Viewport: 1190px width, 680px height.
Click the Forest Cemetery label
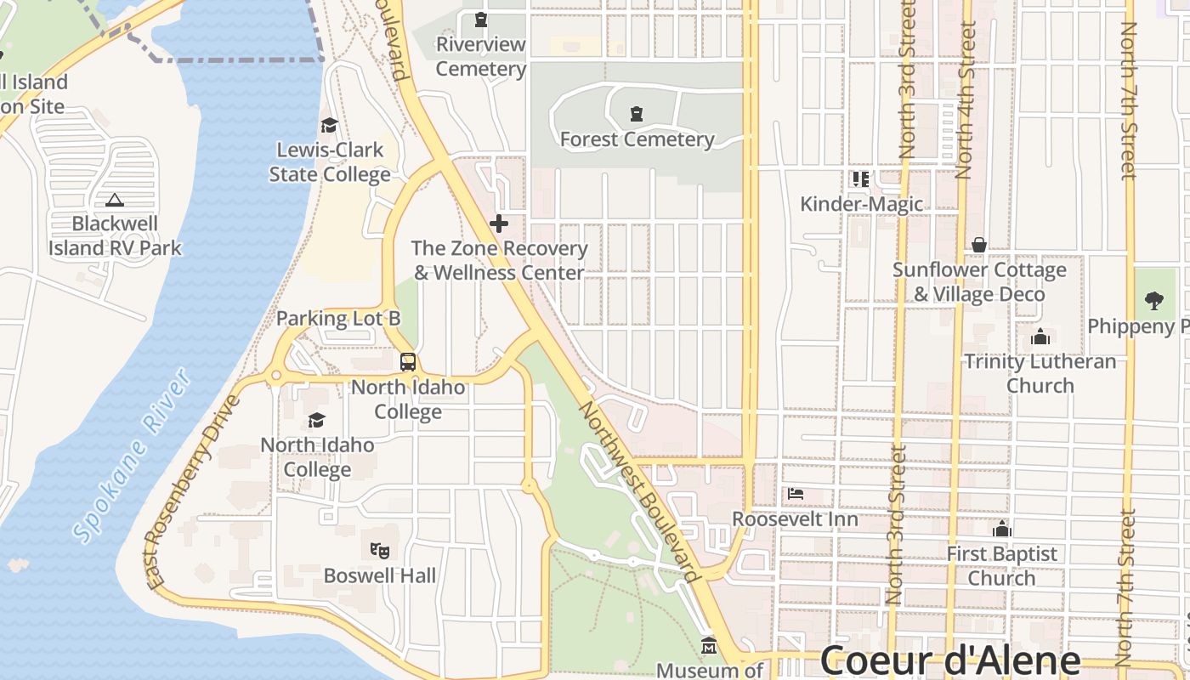(x=637, y=139)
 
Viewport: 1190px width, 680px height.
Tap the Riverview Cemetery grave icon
(x=481, y=19)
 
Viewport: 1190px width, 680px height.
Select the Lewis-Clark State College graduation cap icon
(x=329, y=126)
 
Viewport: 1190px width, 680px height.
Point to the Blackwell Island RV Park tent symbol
(x=114, y=200)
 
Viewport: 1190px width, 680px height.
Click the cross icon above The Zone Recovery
(x=499, y=224)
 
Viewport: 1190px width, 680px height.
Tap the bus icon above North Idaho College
(x=408, y=362)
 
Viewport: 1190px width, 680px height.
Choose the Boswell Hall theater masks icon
(x=380, y=550)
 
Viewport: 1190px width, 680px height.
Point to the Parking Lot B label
(x=338, y=319)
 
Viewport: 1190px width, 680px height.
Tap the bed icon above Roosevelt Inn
(x=796, y=493)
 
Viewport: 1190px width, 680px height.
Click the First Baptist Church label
(x=1002, y=566)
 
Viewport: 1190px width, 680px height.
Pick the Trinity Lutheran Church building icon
(x=1040, y=337)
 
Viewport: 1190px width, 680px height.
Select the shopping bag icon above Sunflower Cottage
(x=979, y=245)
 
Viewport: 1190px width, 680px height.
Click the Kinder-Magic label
(x=861, y=204)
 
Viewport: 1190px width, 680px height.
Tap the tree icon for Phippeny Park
(x=1153, y=299)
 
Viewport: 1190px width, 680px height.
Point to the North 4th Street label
(x=964, y=100)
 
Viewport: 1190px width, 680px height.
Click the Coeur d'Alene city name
(x=949, y=660)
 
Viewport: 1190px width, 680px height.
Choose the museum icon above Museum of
(x=709, y=646)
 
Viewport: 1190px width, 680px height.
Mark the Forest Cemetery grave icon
(x=636, y=114)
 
